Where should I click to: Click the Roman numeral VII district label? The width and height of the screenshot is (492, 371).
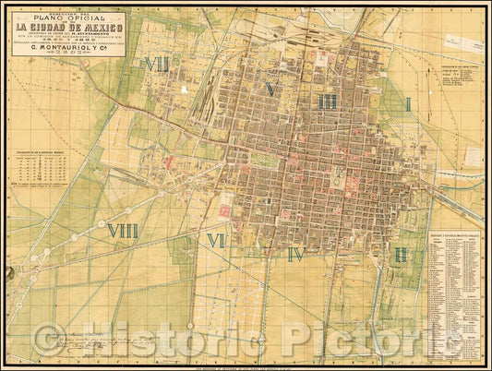[x=156, y=65]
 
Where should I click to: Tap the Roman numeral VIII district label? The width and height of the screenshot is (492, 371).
[x=123, y=231]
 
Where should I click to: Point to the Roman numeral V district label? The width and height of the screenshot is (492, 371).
[x=270, y=89]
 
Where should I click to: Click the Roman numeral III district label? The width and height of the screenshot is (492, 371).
[x=327, y=102]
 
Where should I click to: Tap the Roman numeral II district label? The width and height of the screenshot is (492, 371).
[x=401, y=254]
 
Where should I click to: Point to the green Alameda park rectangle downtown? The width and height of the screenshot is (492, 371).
[x=265, y=160]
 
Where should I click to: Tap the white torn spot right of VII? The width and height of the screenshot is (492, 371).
[x=186, y=90]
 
